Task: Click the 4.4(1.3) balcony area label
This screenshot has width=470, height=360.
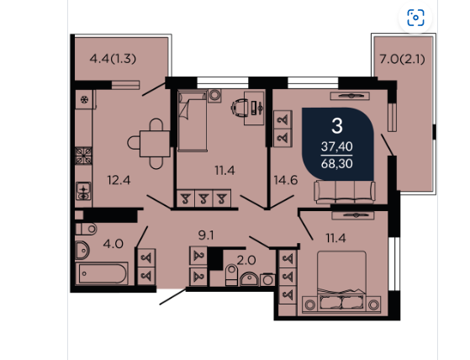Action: coord(113,59)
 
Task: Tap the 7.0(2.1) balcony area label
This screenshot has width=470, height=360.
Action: coord(402,60)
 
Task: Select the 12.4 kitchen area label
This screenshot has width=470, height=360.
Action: coord(119,181)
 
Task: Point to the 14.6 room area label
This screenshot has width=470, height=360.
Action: coord(286,180)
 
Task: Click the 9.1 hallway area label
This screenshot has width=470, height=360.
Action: coord(206,236)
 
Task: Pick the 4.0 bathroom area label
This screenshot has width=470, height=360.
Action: coord(113,244)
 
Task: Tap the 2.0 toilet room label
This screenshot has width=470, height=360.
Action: coord(246,260)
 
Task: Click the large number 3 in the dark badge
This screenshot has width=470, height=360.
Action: coord(337,126)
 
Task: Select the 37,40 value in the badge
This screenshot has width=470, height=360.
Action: coord(337,146)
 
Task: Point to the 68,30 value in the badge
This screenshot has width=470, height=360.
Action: coord(337,164)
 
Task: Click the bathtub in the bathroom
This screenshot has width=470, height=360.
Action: coord(103,273)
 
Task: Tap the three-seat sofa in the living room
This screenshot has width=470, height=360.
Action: coord(345,192)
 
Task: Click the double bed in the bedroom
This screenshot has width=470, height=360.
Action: coord(341,283)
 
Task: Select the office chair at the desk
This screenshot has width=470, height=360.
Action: coord(240,108)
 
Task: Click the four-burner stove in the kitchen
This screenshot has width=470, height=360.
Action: coord(83,156)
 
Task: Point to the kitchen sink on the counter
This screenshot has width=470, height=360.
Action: coord(83,191)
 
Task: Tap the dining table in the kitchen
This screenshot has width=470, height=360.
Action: coord(155,144)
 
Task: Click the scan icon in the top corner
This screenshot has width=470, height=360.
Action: coord(415,18)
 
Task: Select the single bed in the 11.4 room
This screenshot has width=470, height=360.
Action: coord(193,121)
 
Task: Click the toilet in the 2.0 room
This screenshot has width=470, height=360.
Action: coord(231,274)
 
